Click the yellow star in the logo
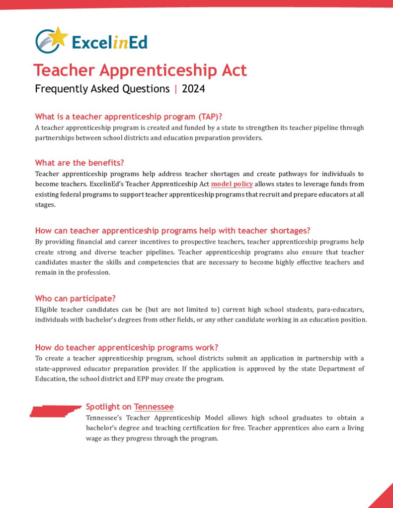coord(59,36)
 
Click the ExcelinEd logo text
coord(109,42)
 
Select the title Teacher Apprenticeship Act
coord(140,70)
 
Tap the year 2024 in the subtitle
coord(193,89)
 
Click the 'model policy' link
coord(232,184)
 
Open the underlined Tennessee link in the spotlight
coord(154,407)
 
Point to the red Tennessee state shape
coord(55,411)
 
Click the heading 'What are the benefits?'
coord(79,163)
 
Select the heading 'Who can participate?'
coord(76,299)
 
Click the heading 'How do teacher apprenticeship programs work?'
coord(127,347)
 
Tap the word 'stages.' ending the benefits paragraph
coord(45,205)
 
